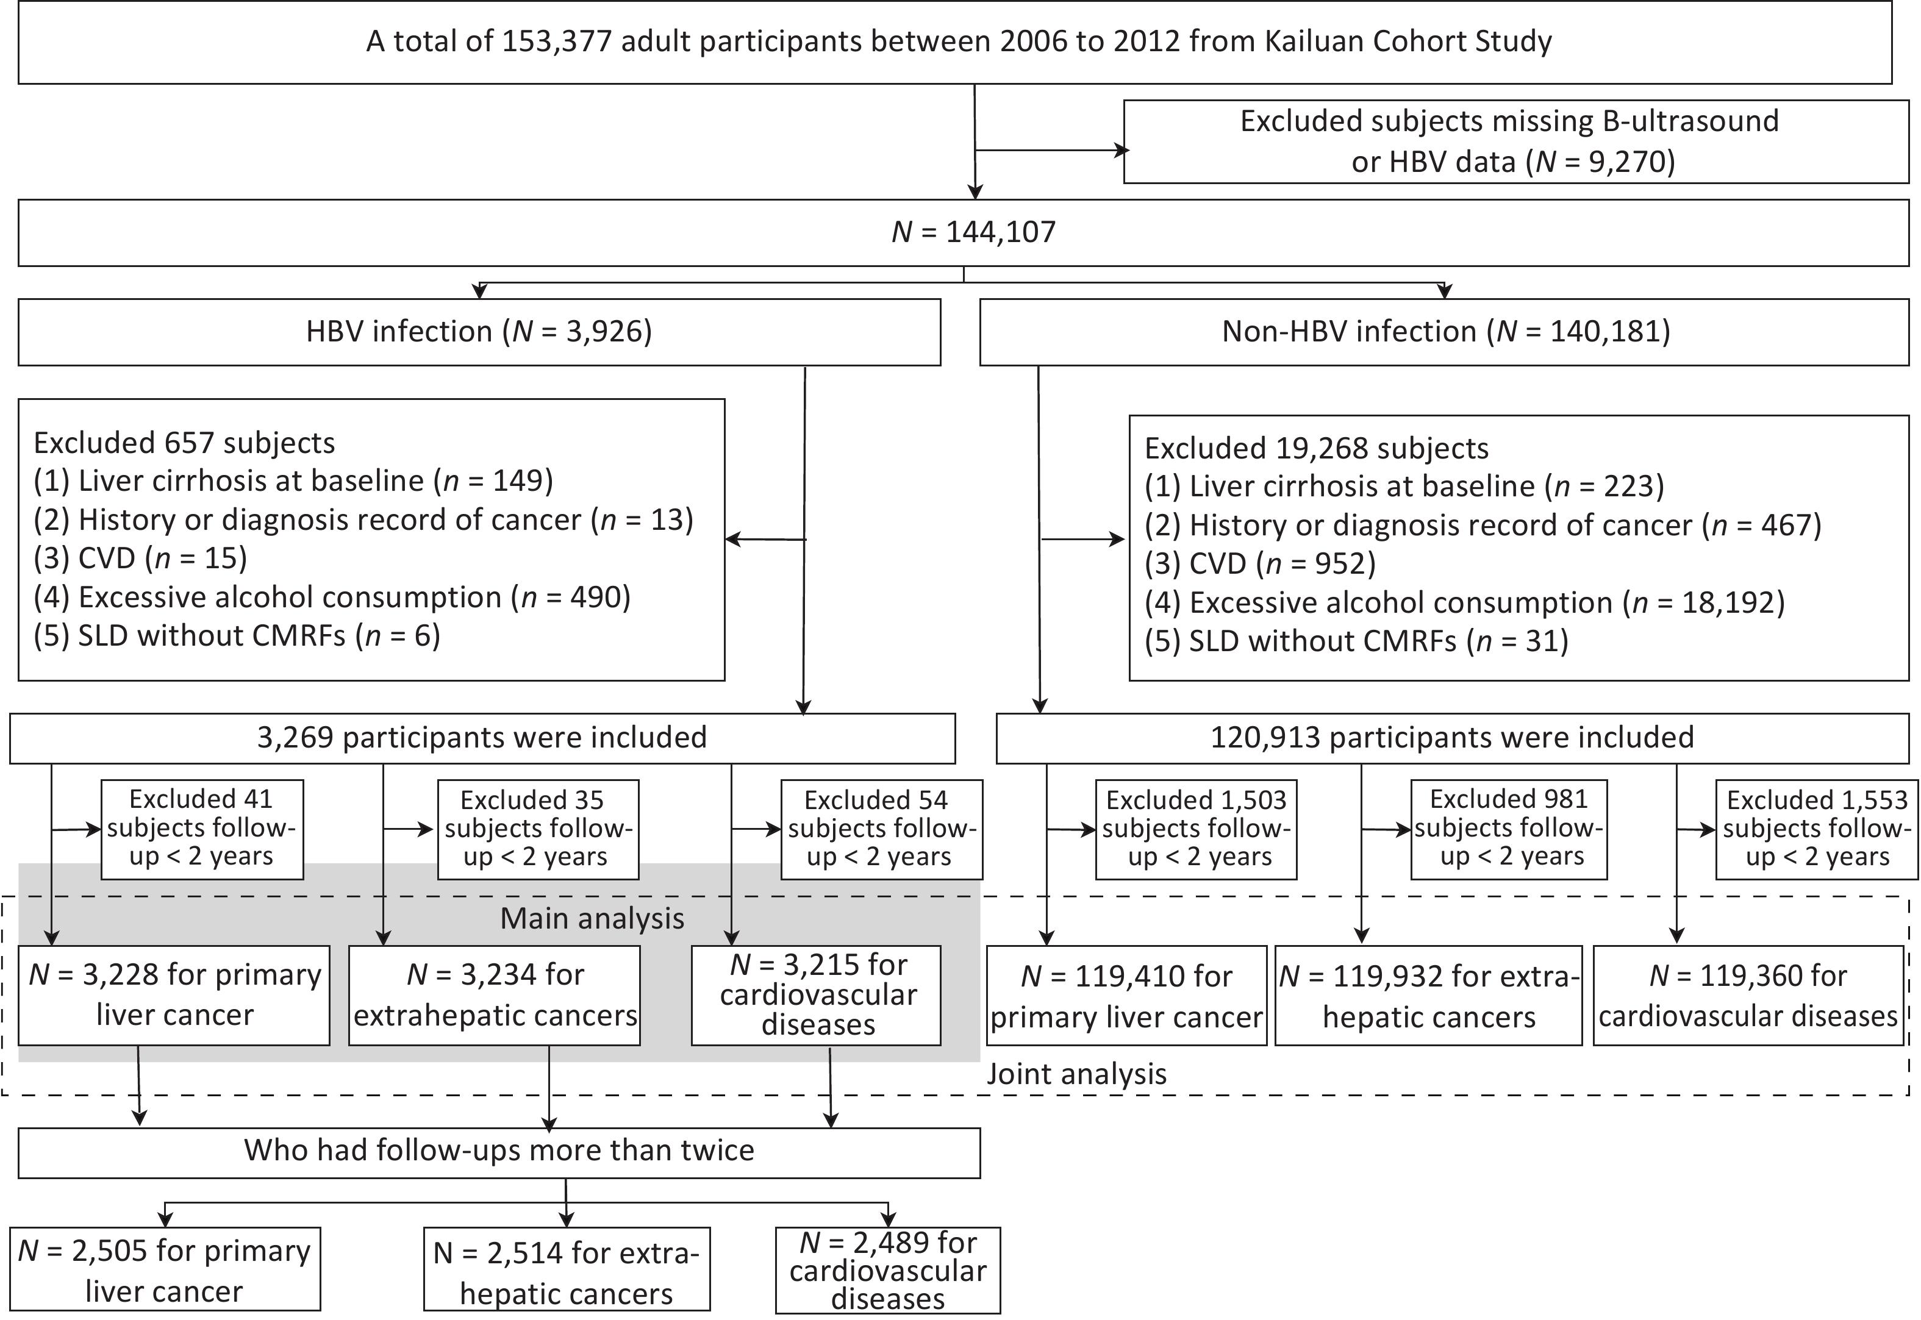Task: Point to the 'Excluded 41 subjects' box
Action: click(202, 829)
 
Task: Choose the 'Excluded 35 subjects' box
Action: click(538, 829)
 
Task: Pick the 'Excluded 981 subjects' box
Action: click(1508, 829)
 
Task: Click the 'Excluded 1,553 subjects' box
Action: click(1817, 829)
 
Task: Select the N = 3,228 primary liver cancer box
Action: click(174, 995)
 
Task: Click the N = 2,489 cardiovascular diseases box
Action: click(888, 1269)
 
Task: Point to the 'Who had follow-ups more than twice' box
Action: click(499, 1153)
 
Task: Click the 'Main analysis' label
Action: click(592, 919)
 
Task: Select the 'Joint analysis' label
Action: click(1076, 1074)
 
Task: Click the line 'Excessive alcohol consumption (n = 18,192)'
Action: click(1464, 603)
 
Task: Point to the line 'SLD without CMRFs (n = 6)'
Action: click(237, 636)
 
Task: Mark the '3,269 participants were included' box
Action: click(482, 738)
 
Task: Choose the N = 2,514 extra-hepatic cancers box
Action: click(567, 1269)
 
